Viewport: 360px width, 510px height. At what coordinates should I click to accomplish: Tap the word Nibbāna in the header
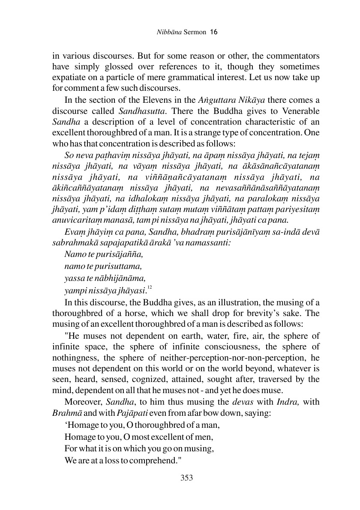165,32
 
